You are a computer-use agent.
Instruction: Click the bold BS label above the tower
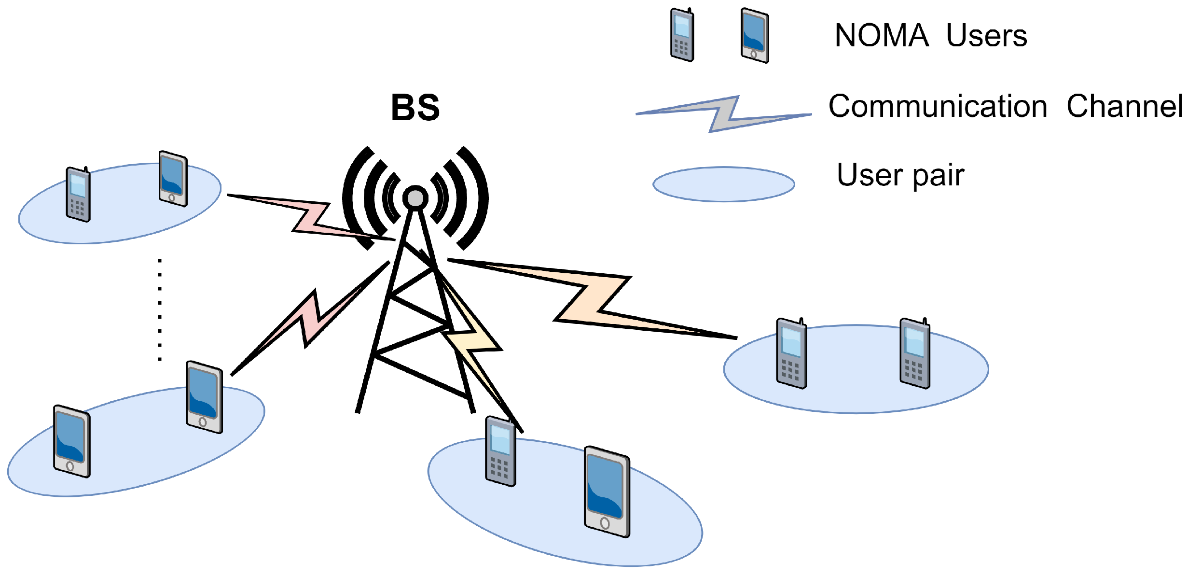point(415,108)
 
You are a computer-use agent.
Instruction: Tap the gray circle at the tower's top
point(415,197)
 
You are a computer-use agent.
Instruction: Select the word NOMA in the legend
point(881,36)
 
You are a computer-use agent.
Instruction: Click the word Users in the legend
point(986,36)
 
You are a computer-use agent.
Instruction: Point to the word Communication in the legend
point(938,106)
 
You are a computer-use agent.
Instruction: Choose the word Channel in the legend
point(1124,106)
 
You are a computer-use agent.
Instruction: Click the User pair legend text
point(900,175)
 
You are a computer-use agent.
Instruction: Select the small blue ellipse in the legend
point(723,184)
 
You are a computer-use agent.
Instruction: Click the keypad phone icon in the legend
point(682,35)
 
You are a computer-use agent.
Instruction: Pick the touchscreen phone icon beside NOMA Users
point(755,35)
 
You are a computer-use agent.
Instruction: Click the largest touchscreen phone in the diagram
point(607,492)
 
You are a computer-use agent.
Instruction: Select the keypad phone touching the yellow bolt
point(500,451)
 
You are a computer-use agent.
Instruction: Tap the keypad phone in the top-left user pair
point(78,195)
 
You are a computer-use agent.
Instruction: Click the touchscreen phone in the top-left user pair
point(173,179)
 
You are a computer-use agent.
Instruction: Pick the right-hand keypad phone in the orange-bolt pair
point(914,353)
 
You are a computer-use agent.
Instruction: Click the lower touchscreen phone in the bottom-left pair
point(71,441)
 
